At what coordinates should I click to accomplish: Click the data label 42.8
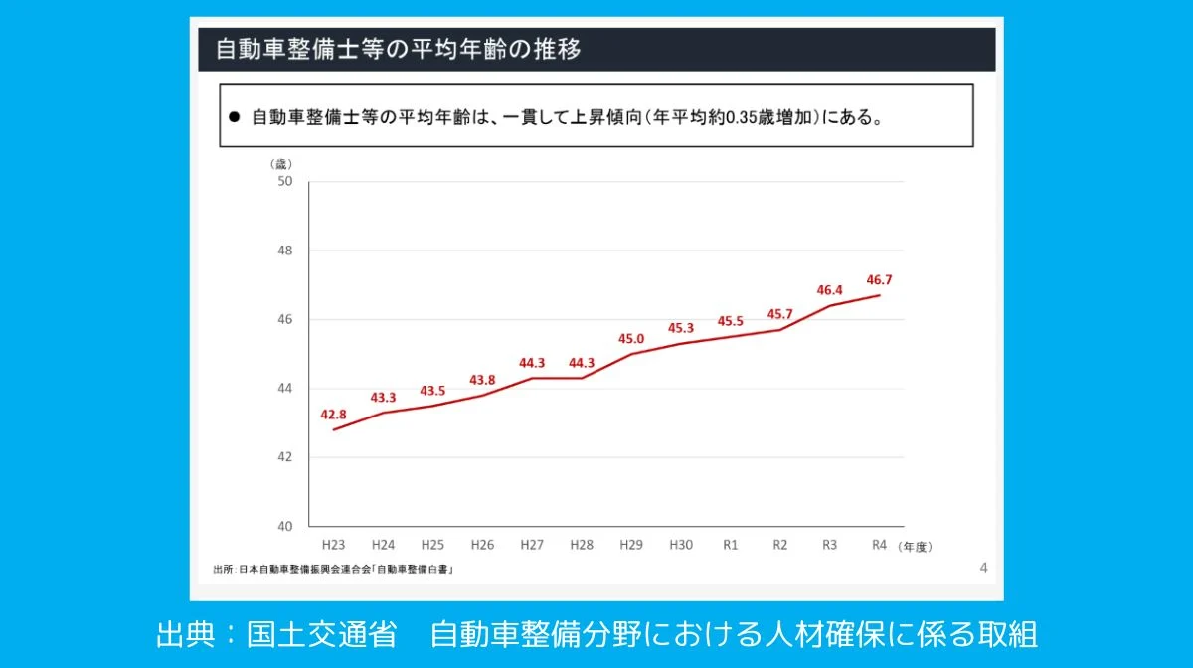click(333, 413)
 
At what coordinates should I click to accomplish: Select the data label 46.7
click(880, 280)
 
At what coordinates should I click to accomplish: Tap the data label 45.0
click(631, 339)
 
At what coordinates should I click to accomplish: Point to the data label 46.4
click(830, 290)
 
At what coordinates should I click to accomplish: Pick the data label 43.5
click(432, 391)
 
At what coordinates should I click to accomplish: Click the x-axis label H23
click(333, 545)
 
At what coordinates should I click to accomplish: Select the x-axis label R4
click(879, 545)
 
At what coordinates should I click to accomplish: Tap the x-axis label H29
click(631, 545)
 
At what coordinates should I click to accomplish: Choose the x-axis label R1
click(731, 545)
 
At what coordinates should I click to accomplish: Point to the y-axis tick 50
click(285, 181)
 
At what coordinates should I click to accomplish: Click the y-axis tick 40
click(285, 526)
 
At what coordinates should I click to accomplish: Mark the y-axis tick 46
click(285, 319)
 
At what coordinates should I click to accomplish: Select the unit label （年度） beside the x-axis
click(915, 546)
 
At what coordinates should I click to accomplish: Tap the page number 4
click(983, 568)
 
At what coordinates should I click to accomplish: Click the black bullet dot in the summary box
click(235, 116)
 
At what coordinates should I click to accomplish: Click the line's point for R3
click(830, 305)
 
